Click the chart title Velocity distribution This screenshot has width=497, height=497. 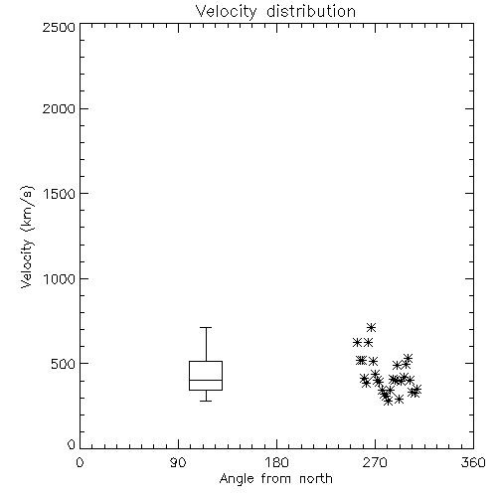[275, 12]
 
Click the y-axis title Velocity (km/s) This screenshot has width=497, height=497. [27, 237]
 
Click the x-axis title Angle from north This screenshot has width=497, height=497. [275, 479]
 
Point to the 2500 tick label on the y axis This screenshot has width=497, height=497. [59, 27]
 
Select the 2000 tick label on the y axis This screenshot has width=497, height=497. [59, 108]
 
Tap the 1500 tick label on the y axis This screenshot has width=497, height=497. [60, 194]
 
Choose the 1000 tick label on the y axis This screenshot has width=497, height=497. [60, 279]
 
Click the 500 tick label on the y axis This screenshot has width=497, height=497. [64, 364]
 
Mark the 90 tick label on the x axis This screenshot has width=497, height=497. [178, 462]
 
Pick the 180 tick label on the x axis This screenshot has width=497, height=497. [276, 462]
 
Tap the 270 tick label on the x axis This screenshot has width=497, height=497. [375, 462]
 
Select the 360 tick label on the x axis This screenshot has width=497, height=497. [473, 462]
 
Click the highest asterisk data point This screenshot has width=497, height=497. [371, 328]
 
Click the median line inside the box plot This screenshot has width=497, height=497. [206, 380]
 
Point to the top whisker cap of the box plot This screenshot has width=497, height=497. [206, 327]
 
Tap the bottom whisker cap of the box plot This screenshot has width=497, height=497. [206, 401]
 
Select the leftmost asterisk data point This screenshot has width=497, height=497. [357, 343]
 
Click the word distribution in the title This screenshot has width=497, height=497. [311, 12]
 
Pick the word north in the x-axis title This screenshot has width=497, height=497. [316, 478]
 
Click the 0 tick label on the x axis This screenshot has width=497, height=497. [80, 462]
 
